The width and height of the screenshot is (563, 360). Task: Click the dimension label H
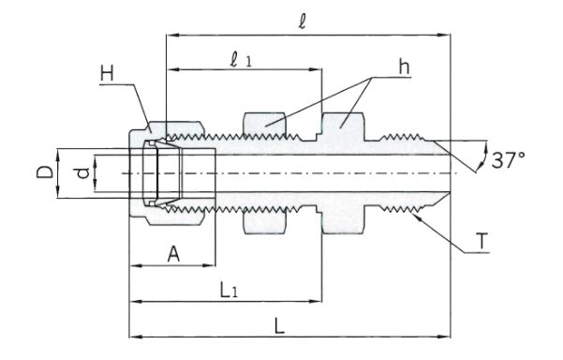(x=107, y=74)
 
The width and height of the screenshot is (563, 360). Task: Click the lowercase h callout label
(x=405, y=67)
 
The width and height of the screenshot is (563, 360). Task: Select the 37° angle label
(x=508, y=160)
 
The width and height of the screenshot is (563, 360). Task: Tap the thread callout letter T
(x=483, y=241)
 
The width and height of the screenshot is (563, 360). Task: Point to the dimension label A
(x=173, y=255)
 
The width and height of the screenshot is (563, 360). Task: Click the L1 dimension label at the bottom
(x=229, y=291)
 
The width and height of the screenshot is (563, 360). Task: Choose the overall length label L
(x=279, y=326)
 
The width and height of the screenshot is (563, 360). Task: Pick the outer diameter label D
(x=45, y=172)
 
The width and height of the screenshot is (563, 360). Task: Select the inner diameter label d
(x=83, y=173)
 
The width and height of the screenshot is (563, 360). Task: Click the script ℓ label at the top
(x=303, y=22)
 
